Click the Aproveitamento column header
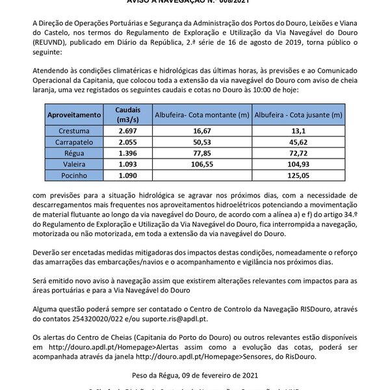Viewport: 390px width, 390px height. tap(74, 114)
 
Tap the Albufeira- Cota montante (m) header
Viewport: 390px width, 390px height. tap(201, 114)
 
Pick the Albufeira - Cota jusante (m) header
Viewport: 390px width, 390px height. tap(299, 114)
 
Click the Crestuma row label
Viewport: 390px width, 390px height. tap(74, 131)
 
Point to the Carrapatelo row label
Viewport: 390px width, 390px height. tap(74, 141)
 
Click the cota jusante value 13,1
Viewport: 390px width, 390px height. tap(299, 131)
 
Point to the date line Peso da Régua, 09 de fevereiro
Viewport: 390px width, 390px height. tap(194, 375)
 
